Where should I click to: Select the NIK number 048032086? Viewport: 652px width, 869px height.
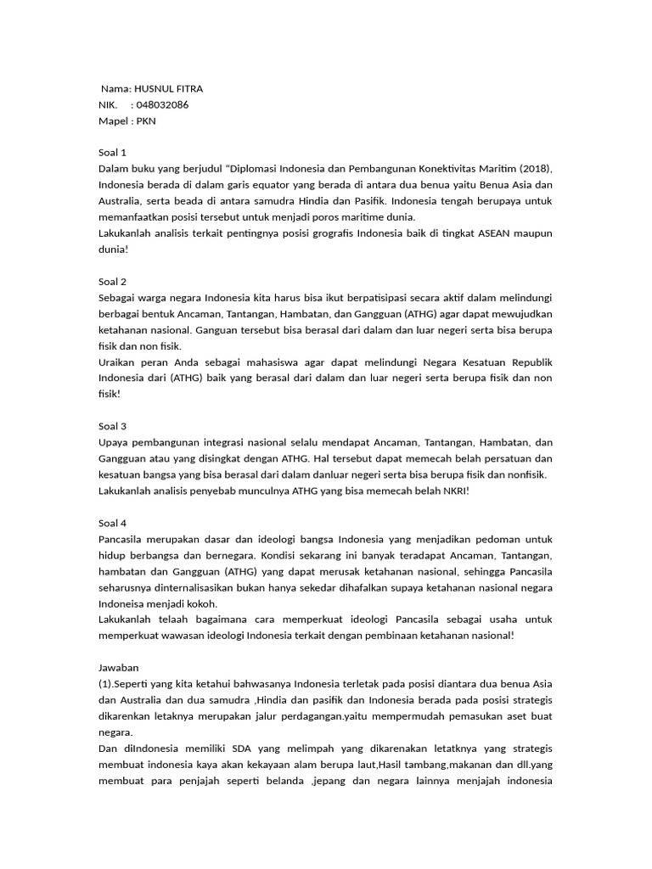point(162,105)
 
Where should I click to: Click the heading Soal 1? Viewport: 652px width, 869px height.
point(112,153)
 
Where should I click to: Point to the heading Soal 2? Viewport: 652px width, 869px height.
point(112,282)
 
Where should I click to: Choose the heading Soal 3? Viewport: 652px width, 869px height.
point(112,426)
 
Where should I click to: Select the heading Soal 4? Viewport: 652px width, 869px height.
point(112,523)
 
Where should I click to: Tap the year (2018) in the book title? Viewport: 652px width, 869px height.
point(535,169)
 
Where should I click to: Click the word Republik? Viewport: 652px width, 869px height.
point(528,362)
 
